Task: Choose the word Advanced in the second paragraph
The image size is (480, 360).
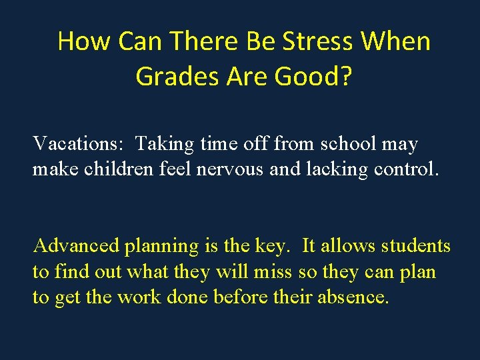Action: [x=76, y=246]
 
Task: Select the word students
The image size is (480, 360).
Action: [x=416, y=246]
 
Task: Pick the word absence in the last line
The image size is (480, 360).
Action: [x=351, y=297]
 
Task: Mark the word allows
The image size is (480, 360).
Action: [x=349, y=246]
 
